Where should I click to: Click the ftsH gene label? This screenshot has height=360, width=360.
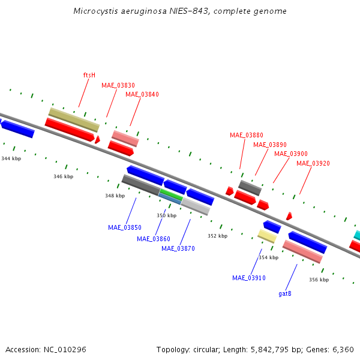89,76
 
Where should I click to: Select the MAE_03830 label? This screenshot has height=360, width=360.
118,85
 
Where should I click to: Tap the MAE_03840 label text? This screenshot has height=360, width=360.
142,94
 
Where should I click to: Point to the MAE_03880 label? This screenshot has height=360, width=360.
246,135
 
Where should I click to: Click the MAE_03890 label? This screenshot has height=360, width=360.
269,145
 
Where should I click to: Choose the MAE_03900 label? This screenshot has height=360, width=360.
290,154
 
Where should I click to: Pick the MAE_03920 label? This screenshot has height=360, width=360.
313,163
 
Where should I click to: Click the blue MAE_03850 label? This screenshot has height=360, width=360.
125,227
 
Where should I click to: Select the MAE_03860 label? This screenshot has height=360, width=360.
153,239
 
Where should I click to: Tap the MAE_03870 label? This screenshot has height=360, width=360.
178,248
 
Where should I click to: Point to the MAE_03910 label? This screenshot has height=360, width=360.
248,278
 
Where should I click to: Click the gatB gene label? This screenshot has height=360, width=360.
285,293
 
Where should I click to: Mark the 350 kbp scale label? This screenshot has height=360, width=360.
166,215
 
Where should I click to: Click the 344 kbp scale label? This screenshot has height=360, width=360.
11,158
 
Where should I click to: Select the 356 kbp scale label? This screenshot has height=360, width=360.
319,280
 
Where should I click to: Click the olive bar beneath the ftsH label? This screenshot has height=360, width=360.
73,120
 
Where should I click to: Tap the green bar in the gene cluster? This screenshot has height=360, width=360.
172,194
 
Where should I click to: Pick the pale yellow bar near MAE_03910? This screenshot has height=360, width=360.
267,236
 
